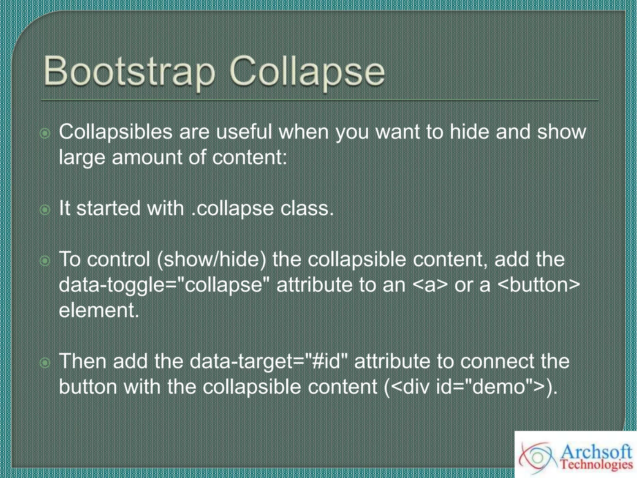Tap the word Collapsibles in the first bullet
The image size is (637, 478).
pyautogui.click(x=115, y=132)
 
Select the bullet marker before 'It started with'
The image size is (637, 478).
pyautogui.click(x=45, y=210)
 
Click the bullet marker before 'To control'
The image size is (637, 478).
pyautogui.click(x=45, y=261)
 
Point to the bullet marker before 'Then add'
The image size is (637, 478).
pyautogui.click(x=45, y=363)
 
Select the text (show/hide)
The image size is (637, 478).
pyautogui.click(x=212, y=259)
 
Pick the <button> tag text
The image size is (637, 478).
pyautogui.click(x=539, y=285)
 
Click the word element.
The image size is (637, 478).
pyautogui.click(x=99, y=310)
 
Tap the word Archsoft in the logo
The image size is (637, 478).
pyautogui.click(x=596, y=452)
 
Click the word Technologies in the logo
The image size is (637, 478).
pyautogui.click(x=596, y=465)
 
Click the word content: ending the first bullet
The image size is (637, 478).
pyautogui.click(x=249, y=157)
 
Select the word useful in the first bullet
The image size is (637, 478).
pyautogui.click(x=244, y=132)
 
